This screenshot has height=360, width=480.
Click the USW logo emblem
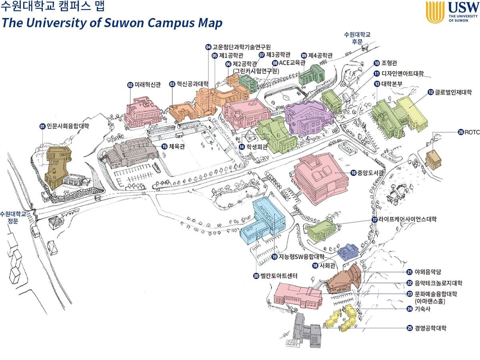pos(435,12)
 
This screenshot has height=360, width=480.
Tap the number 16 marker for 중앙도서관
pos(353,173)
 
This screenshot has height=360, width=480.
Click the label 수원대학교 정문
pos(13,217)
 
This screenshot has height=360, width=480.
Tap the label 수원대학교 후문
pos(357,38)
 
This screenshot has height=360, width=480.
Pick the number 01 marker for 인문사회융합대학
pos(42,126)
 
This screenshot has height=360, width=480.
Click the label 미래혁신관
pos(147,85)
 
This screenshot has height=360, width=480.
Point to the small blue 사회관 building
pos(348,252)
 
